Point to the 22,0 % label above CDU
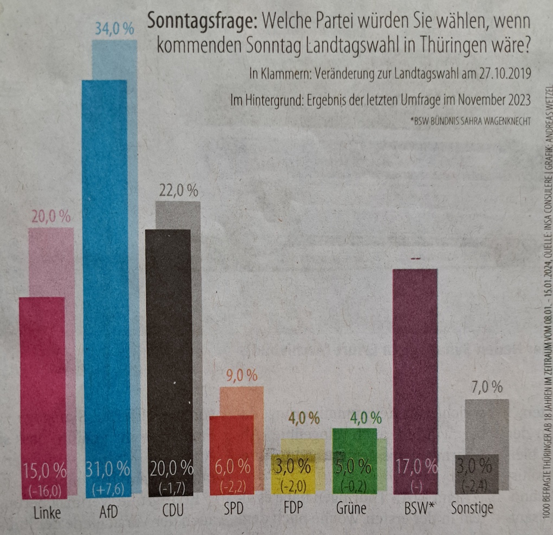[178, 191]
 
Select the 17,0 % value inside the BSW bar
[415, 466]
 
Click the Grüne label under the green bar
[351, 509]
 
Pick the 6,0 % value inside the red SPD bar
[232, 466]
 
